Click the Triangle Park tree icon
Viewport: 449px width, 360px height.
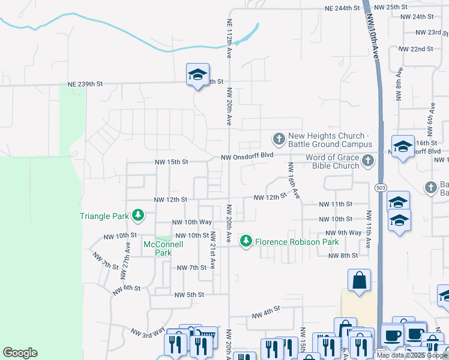click(x=138, y=215)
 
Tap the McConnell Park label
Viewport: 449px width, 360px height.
click(x=158, y=248)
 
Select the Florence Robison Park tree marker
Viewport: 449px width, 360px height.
click(x=246, y=241)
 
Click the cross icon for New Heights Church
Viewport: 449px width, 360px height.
click(x=279, y=139)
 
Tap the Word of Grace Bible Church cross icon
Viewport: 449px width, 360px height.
click(x=367, y=161)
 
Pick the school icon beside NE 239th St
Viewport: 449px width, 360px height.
click(x=197, y=75)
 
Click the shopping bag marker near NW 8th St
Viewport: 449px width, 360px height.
click(x=359, y=280)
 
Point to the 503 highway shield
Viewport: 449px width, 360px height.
click(x=381, y=188)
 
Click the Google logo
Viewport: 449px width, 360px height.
click(x=20, y=353)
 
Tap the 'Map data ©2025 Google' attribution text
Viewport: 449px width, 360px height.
click(x=412, y=355)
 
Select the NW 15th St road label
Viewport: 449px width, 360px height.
click(x=171, y=162)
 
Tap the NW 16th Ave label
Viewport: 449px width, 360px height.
click(x=294, y=181)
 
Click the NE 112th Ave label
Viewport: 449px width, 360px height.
click(x=229, y=38)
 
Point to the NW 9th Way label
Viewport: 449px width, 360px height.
click(x=343, y=233)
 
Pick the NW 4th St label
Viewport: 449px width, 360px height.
click(x=266, y=313)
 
